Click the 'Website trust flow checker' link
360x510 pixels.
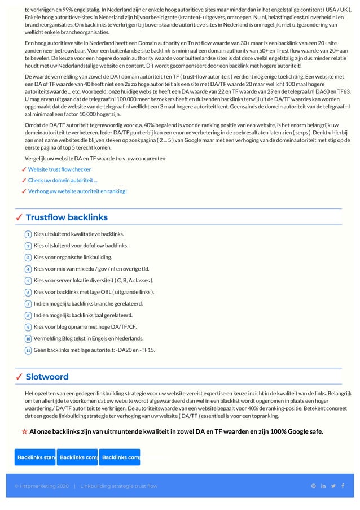(59, 169)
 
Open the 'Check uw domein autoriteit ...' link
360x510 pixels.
(63, 180)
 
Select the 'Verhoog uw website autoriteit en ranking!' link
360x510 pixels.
(77, 191)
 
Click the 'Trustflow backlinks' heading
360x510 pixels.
(67, 217)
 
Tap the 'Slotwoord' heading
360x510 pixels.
(47, 377)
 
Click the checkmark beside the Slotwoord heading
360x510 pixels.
(19, 377)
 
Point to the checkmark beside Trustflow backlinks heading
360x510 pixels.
(19, 217)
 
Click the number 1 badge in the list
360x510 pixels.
(28, 234)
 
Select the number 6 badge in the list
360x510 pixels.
(28, 293)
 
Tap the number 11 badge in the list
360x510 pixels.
(28, 351)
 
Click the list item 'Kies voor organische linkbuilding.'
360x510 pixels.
(73, 257)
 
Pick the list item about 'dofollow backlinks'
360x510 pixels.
(81, 246)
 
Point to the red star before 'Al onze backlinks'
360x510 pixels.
(24, 432)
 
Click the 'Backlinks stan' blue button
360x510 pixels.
(35, 457)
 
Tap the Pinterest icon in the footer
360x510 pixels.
(314, 486)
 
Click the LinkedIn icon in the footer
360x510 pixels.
(323, 486)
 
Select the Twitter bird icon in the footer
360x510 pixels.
(333, 486)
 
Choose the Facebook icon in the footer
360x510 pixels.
(343, 486)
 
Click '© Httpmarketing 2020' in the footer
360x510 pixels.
(42, 486)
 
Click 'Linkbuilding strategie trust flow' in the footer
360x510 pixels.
(118, 486)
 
